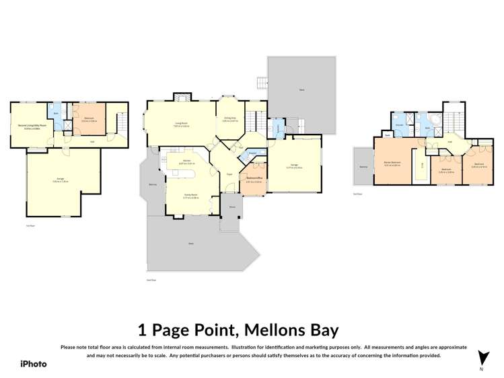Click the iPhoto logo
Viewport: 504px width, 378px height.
click(x=33, y=363)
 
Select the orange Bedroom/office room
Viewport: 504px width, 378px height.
click(x=253, y=180)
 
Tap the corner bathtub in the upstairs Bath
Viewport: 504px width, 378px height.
click(x=437, y=120)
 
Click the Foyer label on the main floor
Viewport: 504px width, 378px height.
click(x=229, y=174)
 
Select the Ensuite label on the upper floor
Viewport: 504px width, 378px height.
click(x=399, y=125)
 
